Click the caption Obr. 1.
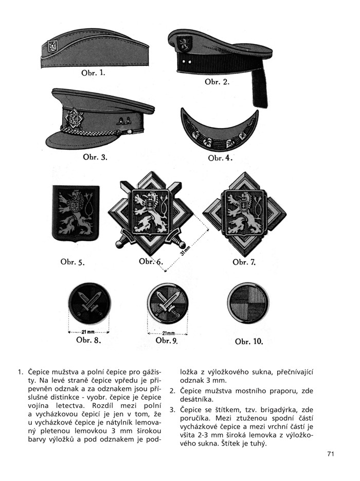pos(93,73)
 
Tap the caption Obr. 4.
pos(220,157)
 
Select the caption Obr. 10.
pos(249,341)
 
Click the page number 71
pos(330,453)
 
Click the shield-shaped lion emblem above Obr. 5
pos(76,213)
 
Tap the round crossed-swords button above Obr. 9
pos(167,304)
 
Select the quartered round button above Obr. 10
pos(247,304)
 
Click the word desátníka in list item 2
pos(198,399)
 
